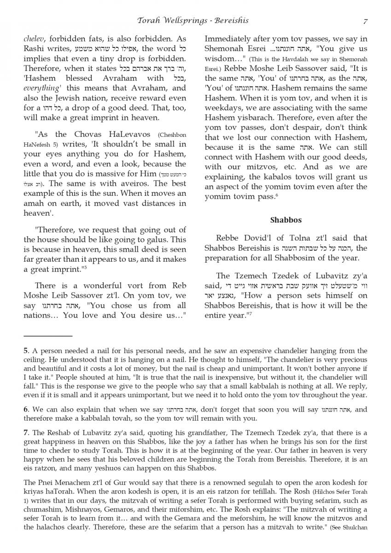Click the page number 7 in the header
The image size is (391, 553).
[x=365, y=21]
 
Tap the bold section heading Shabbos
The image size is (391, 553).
[x=286, y=220]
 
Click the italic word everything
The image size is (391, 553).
[x=41, y=88]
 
